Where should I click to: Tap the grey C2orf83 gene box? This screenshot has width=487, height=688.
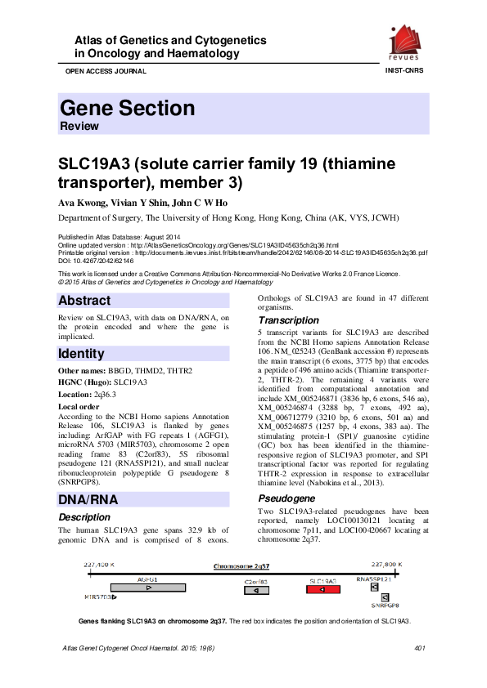coord(256,588)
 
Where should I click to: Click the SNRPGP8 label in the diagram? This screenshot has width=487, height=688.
coord(384,605)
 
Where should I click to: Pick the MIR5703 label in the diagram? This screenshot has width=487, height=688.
coord(97,597)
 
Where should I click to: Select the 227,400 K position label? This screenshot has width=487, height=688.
coord(101,565)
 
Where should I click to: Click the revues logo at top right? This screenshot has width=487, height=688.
coord(399,44)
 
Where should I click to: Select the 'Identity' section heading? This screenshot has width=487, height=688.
coord(81,353)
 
